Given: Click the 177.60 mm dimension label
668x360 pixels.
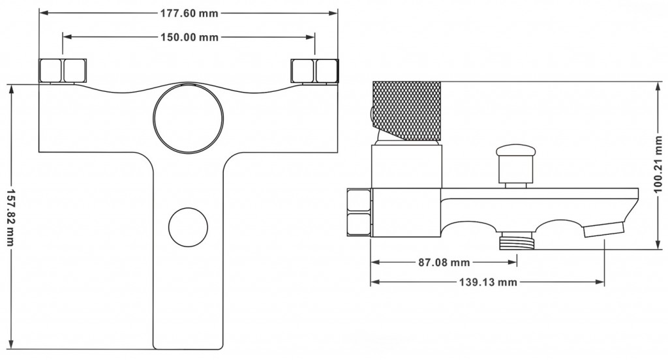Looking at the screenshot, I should [x=189, y=12].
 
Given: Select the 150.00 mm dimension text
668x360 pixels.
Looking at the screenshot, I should [x=189, y=37].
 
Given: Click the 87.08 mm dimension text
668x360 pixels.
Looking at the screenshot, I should [x=443, y=263].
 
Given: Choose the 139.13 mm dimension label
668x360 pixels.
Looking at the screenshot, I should [x=488, y=282].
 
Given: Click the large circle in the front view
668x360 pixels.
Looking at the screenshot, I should [x=189, y=118].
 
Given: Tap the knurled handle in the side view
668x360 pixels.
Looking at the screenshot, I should [x=406, y=111].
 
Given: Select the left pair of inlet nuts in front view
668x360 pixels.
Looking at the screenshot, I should [x=63, y=70].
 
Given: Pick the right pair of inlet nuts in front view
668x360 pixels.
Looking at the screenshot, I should [x=314, y=70].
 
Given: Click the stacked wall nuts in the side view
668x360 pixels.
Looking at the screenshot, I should [x=359, y=213].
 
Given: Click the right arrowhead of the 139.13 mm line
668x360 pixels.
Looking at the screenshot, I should [x=602, y=282].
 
